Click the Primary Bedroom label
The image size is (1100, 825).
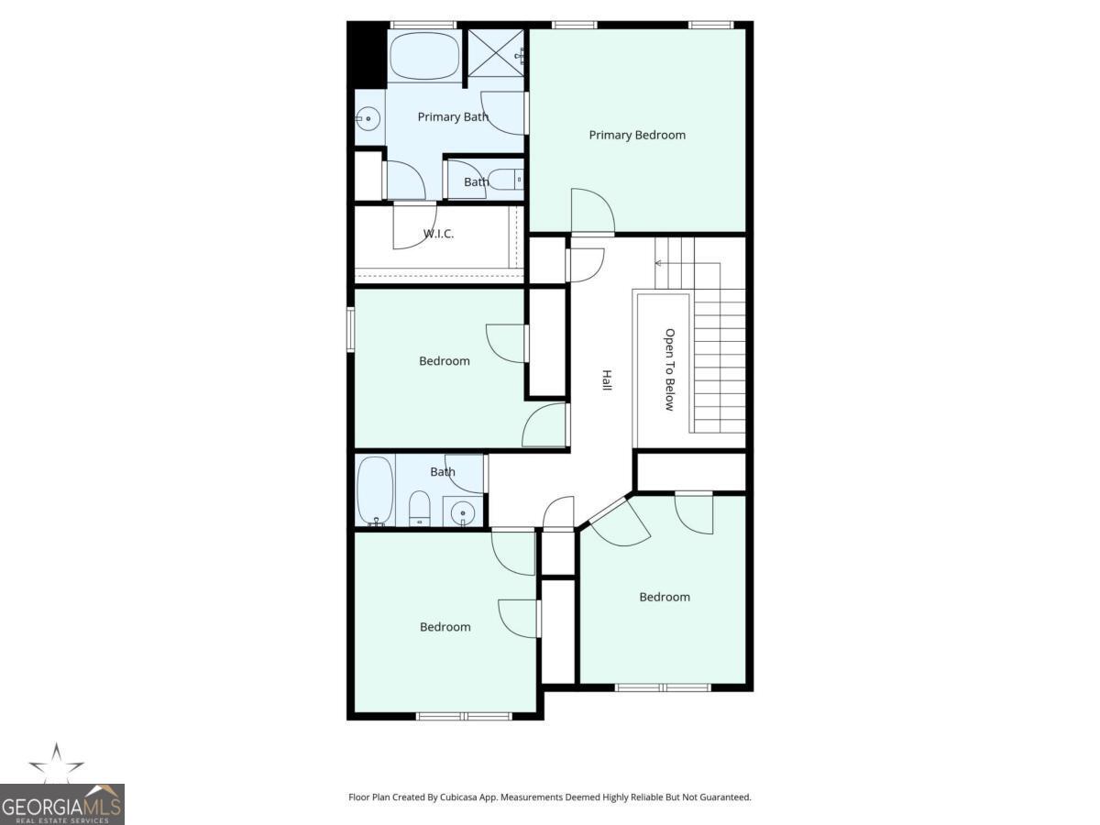click(636, 135)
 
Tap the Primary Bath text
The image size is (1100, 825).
click(452, 116)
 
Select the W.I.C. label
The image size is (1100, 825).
click(438, 234)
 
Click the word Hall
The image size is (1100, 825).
click(606, 380)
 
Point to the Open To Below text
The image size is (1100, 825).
click(669, 369)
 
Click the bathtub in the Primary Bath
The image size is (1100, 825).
click(424, 57)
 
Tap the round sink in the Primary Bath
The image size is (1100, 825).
click(368, 117)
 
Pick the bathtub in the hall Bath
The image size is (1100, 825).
click(375, 490)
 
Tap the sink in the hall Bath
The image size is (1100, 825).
click(463, 511)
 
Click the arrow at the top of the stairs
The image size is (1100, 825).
click(659, 263)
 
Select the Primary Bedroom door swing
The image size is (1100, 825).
click(590, 211)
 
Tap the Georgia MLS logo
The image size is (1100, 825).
click(61, 797)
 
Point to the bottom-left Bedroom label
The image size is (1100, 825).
click(445, 627)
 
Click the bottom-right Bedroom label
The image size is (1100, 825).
click(665, 597)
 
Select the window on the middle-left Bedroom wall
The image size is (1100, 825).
click(350, 329)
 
